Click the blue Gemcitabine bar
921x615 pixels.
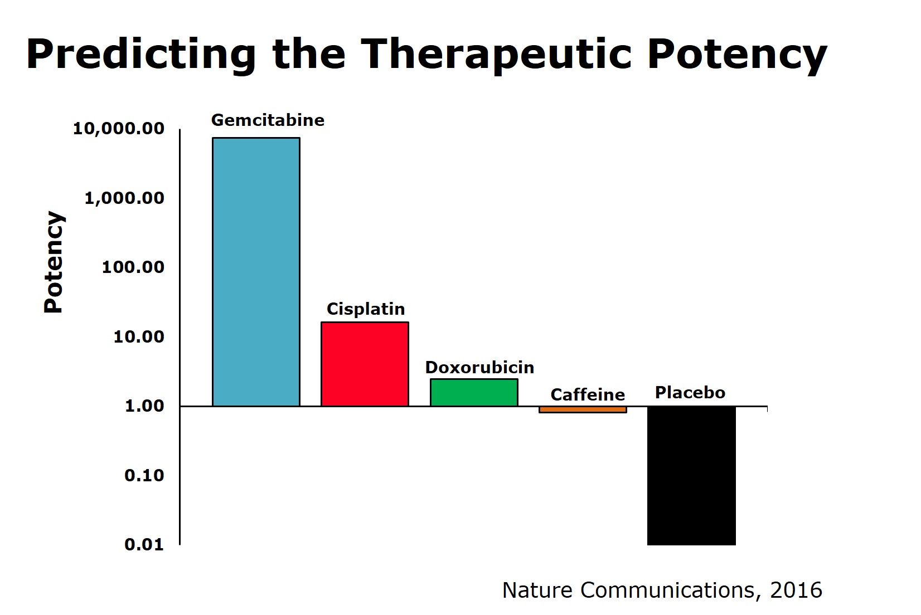[256, 271]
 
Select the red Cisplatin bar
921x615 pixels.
[365, 364]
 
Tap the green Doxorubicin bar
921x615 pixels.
[474, 392]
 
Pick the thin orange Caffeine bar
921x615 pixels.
[583, 409]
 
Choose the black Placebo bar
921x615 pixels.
[691, 475]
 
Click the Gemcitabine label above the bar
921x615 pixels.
[268, 120]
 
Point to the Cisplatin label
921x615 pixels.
[366, 309]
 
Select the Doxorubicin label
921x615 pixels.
[479, 368]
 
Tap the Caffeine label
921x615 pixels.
[588, 395]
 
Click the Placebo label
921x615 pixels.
[690, 393]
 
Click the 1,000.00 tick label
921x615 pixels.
[124, 198]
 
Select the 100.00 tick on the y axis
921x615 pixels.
[133, 267]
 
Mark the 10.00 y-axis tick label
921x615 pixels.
[139, 336]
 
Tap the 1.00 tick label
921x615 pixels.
[144, 406]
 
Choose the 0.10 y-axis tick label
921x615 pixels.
[144, 475]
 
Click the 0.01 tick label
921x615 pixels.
[144, 544]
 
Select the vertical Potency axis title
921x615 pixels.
[54, 262]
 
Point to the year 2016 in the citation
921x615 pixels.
[796, 590]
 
